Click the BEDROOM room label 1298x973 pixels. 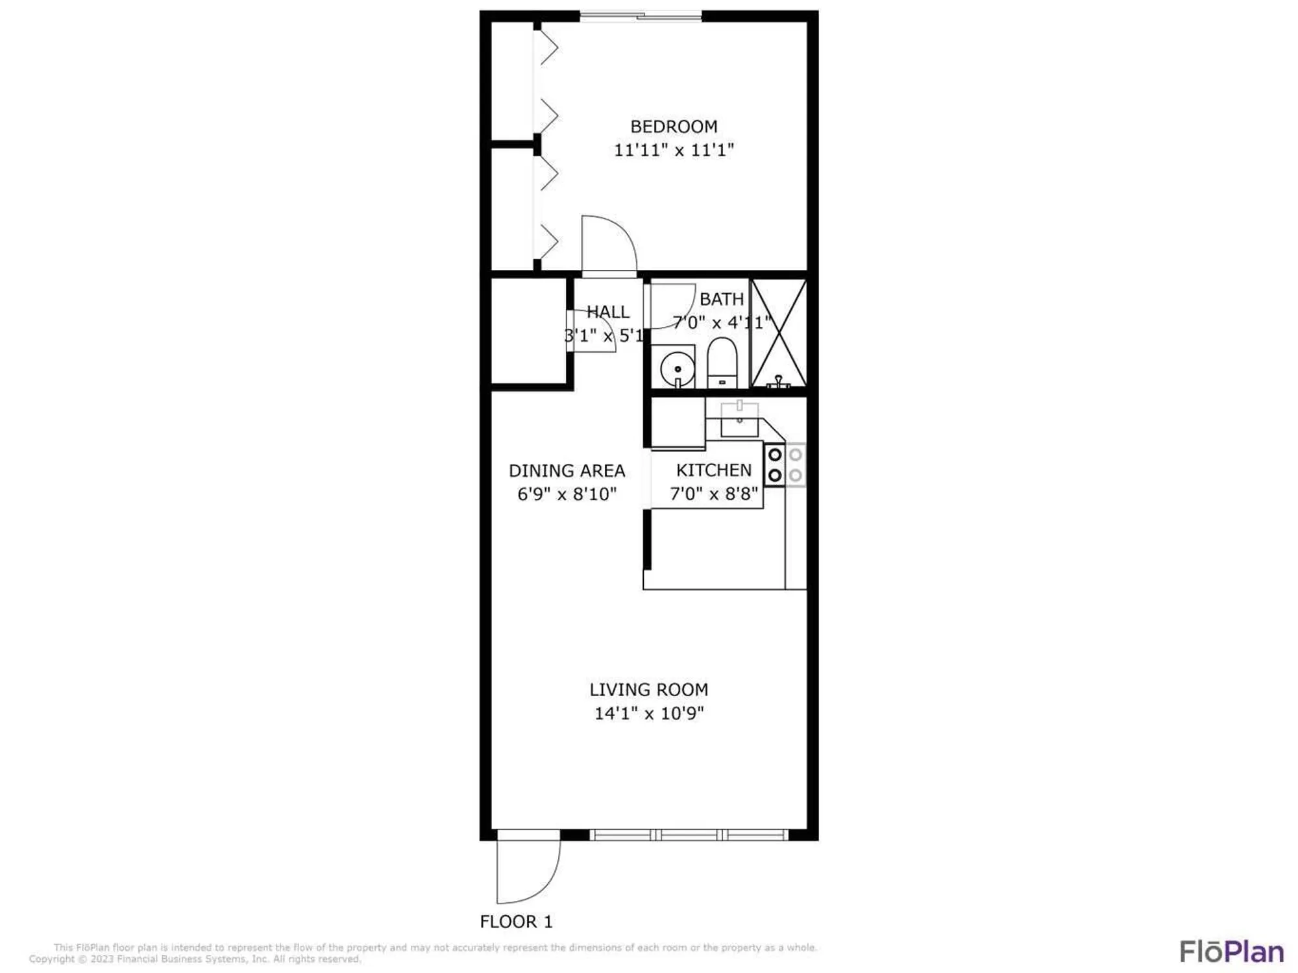674,126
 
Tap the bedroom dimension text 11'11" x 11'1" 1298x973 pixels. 674,150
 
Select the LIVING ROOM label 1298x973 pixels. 648,690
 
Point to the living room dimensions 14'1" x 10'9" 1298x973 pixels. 648,713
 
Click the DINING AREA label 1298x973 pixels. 567,470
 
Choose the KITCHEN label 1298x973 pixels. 713,470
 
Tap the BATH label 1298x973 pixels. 721,299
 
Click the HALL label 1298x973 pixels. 607,312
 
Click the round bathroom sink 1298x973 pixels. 677,368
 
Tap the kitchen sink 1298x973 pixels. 739,420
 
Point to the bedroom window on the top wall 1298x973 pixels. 641,16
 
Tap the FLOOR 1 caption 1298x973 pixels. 516,921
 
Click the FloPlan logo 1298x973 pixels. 1231,952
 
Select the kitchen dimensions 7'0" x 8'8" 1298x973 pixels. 713,494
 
